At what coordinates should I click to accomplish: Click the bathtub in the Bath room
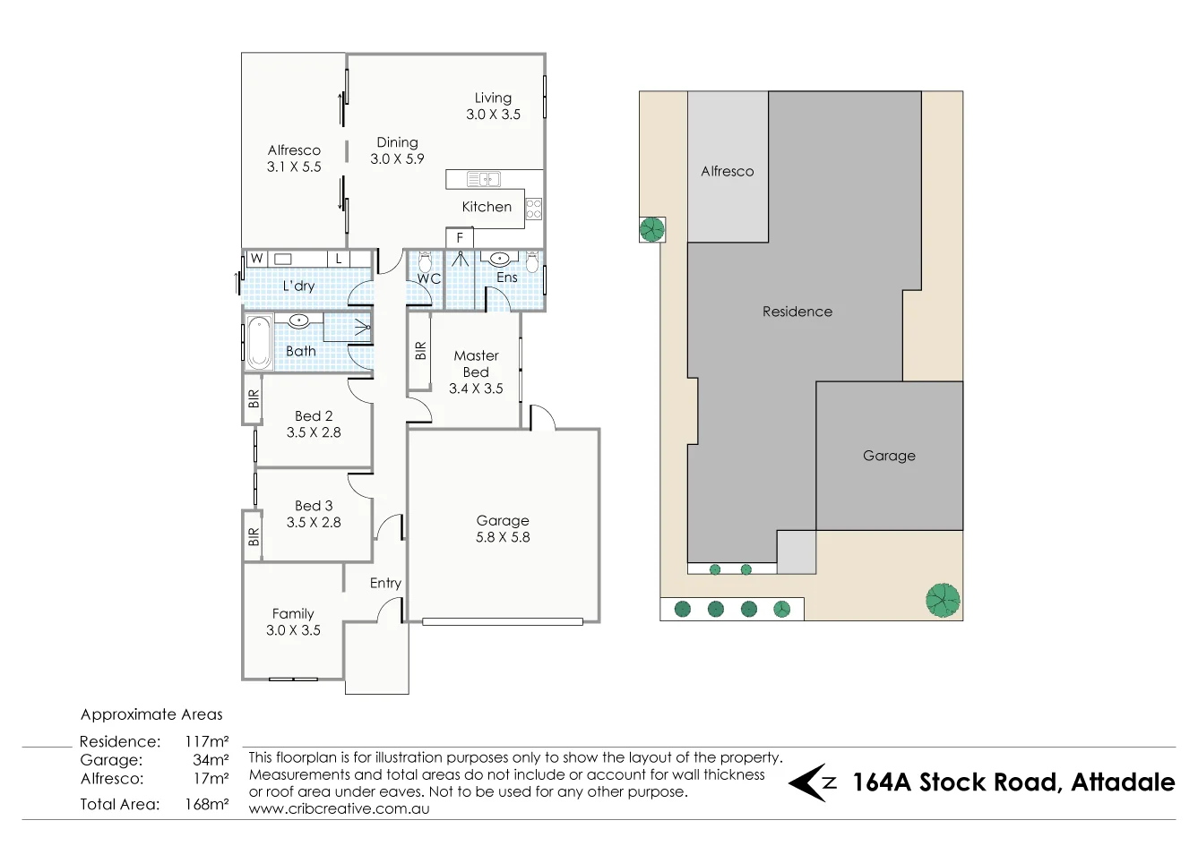259,342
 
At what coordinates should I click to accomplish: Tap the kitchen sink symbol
484,179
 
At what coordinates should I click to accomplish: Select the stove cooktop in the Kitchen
534,209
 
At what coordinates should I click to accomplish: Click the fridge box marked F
460,238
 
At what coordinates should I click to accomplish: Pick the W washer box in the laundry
256,259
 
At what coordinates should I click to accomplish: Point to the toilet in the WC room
425,262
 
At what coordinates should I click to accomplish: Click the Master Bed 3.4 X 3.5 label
476,372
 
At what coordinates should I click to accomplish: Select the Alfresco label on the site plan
728,172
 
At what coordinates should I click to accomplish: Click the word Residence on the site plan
797,312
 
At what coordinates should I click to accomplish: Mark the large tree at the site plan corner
943,600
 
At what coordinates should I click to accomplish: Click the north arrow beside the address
811,782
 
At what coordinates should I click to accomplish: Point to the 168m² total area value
207,804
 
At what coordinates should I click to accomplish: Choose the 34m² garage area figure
211,759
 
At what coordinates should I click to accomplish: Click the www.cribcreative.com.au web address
339,808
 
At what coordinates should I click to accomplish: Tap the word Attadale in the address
1123,782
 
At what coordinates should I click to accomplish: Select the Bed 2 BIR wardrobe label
254,398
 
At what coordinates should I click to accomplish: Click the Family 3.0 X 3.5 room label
293,621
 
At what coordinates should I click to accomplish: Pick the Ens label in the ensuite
506,278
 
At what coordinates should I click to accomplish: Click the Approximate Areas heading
151,714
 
